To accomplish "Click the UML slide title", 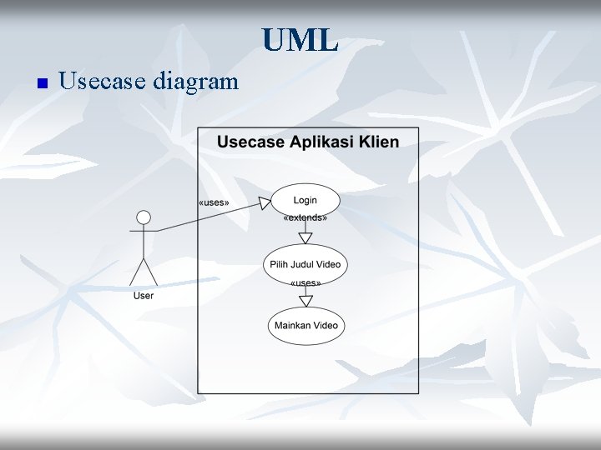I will click(299, 38).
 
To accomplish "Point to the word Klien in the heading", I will click(381, 141).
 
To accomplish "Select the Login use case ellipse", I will click(306, 200).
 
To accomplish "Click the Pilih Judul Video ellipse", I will click(306, 264).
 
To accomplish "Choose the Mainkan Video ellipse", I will click(306, 325).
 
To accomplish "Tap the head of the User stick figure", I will click(144, 217).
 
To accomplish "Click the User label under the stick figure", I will click(144, 296).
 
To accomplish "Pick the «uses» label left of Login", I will click(214, 203).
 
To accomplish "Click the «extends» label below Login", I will click(306, 218).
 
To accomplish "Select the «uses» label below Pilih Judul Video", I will click(306, 283).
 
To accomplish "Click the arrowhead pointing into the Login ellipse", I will click(265, 202).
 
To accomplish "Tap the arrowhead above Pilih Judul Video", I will click(306, 238).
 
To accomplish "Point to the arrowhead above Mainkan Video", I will click(306, 301).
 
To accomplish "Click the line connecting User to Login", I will click(209, 216).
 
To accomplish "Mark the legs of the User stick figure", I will click(144, 272).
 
